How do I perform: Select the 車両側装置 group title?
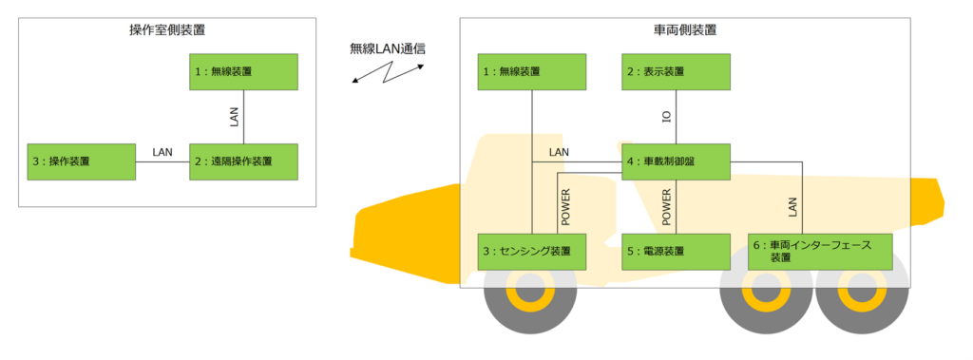(685, 29)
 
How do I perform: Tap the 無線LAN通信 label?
(388, 49)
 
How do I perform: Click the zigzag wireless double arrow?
(388, 72)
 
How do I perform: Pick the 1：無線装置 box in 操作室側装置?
(243, 71)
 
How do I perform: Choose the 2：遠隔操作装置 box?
(243, 162)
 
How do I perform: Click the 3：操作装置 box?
(82, 162)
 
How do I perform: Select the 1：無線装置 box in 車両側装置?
(532, 71)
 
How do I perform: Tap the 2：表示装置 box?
(676, 71)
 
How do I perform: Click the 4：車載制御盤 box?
(676, 162)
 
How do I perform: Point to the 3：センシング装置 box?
(532, 252)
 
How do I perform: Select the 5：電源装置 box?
(676, 252)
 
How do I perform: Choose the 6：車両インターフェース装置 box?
(820, 252)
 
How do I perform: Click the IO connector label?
(667, 117)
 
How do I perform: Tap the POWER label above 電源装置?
(667, 207)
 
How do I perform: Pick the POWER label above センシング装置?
(566, 207)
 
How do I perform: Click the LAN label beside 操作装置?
(162, 152)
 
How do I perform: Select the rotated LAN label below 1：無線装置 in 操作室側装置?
(234, 117)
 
